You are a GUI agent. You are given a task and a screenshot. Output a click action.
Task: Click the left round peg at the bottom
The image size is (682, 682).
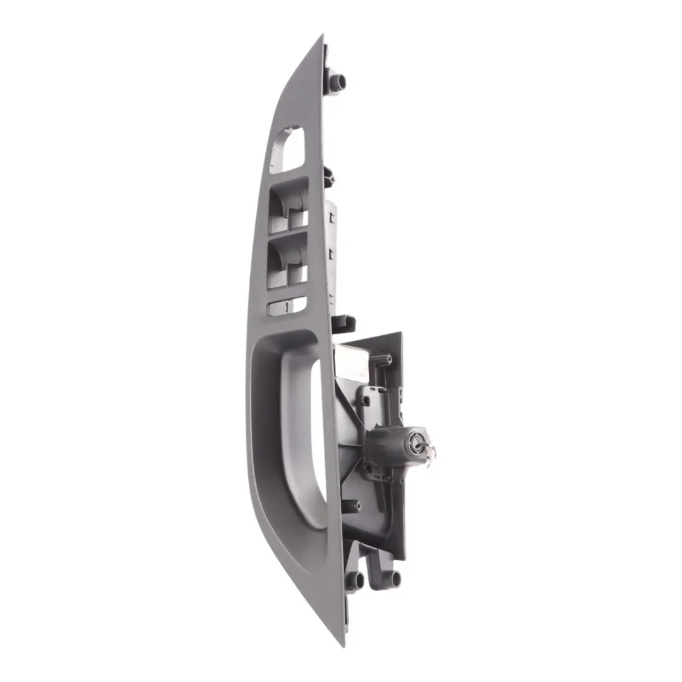pos(355,580)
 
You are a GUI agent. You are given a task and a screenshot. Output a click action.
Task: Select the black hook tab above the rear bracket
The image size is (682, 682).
pos(343,323)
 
